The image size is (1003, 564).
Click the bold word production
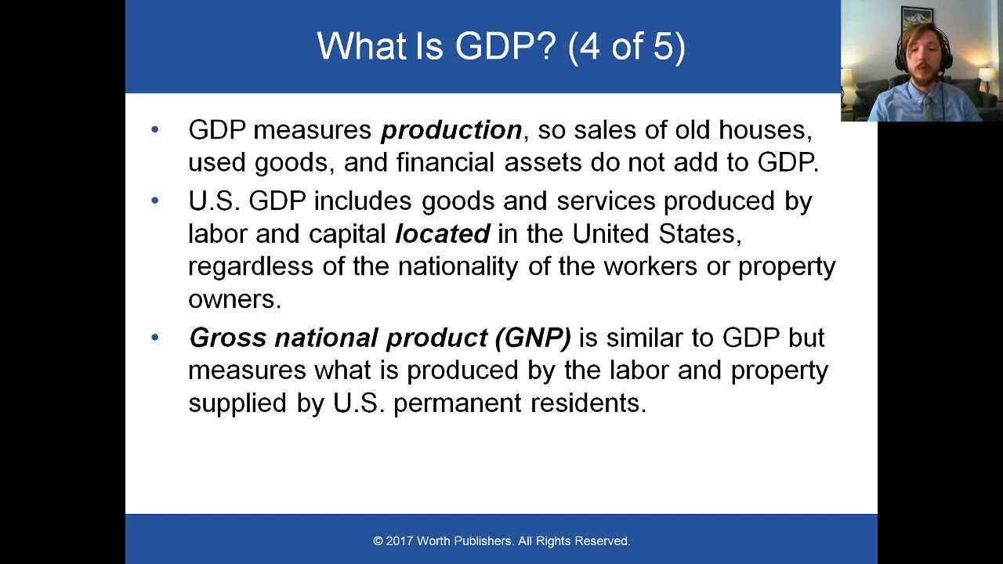(451, 130)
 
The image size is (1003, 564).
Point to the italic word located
(442, 234)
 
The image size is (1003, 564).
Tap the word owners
(234, 299)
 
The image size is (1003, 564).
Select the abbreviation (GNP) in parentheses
(533, 338)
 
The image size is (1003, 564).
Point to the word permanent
(457, 403)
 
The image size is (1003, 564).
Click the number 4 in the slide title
(588, 47)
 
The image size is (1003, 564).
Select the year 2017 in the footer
(400, 541)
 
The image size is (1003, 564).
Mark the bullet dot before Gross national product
(154, 337)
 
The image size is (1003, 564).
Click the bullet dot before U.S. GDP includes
(154, 201)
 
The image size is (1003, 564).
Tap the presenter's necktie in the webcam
(928, 106)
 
